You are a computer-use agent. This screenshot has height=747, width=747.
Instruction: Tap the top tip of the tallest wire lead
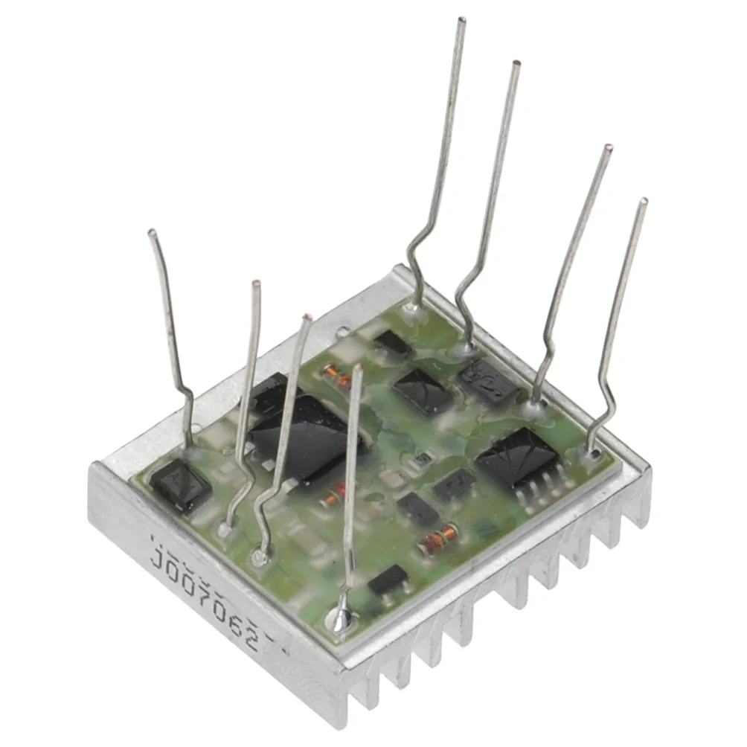(462, 19)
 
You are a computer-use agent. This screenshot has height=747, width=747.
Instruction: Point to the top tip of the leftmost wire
(152, 233)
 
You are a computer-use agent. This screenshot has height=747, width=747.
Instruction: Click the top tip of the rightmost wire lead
(644, 201)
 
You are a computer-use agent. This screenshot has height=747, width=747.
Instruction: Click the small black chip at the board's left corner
(179, 484)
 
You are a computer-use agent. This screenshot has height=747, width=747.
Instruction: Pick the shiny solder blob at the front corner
(340, 617)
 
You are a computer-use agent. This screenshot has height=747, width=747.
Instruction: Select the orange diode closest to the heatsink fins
(437, 539)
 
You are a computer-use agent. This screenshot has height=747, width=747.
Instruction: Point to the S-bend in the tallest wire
(418, 257)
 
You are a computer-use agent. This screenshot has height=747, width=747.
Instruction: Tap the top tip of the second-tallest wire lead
(516, 63)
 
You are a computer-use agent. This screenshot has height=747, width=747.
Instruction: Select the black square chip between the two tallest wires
(423, 391)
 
